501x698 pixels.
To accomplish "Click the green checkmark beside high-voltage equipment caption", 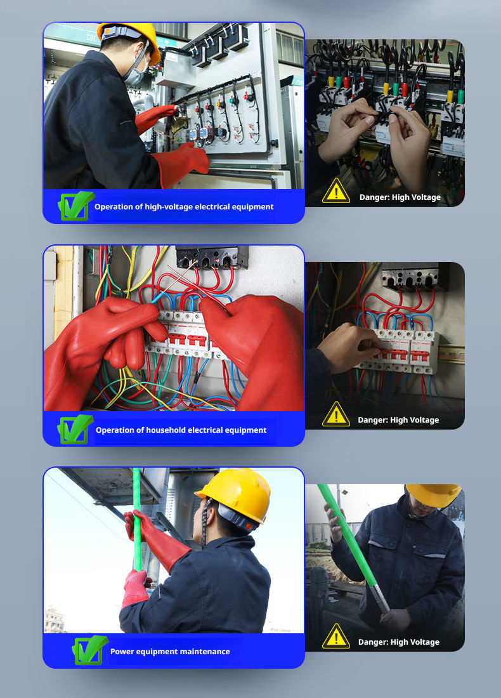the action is pyautogui.click(x=75, y=206).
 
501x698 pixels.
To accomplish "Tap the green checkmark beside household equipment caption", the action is pyautogui.click(x=75, y=429).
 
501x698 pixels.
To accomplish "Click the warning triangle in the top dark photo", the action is pyautogui.click(x=336, y=192).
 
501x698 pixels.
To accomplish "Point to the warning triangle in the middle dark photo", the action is pyautogui.click(x=336, y=414).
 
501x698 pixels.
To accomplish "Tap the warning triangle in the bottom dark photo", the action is pyautogui.click(x=336, y=636).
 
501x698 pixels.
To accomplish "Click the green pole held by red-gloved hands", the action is pyautogui.click(x=137, y=519).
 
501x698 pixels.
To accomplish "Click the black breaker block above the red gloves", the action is pyautogui.click(x=212, y=257).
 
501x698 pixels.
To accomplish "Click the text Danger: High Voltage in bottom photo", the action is pyautogui.click(x=399, y=642).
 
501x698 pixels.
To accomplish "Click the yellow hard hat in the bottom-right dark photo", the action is pyautogui.click(x=433, y=494).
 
